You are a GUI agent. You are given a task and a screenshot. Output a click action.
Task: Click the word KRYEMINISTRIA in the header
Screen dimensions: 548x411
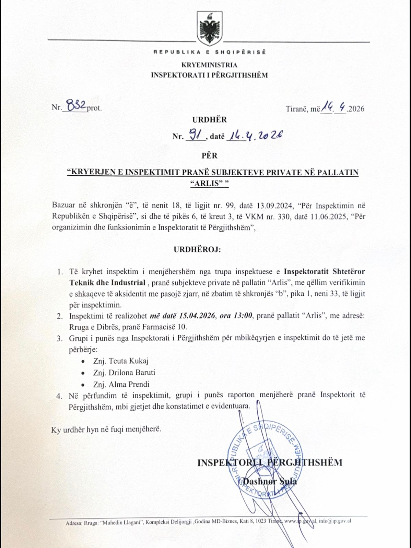209,65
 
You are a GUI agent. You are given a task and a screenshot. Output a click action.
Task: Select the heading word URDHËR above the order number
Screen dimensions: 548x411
209,120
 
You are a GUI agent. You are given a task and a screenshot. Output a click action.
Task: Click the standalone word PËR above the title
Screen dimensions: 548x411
209,155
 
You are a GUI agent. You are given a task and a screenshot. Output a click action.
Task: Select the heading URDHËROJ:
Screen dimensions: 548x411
197,249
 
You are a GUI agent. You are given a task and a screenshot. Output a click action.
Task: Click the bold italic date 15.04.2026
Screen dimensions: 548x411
197,315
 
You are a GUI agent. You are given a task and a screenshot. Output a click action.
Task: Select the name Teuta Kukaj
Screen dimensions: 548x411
129,361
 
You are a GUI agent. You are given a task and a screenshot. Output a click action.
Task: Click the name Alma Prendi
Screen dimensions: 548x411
129,384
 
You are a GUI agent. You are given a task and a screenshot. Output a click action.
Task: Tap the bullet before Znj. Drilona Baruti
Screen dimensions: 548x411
83,373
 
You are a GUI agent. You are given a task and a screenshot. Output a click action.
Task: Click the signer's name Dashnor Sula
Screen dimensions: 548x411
270,481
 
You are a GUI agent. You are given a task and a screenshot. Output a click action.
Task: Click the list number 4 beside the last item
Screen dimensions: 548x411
59,396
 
